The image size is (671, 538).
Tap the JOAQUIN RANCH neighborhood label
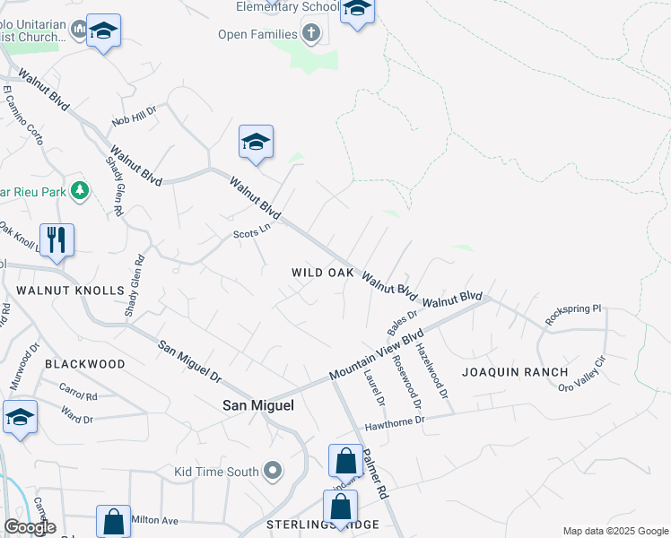pyautogui.click(x=515, y=371)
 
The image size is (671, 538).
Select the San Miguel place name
pyautogui.click(x=258, y=405)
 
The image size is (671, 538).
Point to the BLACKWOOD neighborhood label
pyautogui.click(x=84, y=364)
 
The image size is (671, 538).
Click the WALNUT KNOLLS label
pyautogui.click(x=69, y=291)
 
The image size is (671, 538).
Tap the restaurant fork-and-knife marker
pyautogui.click(x=57, y=240)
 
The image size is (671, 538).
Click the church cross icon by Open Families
pyautogui.click(x=311, y=34)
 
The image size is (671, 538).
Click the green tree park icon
pyautogui.click(x=80, y=190)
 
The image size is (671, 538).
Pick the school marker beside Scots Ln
pyautogui.click(x=256, y=143)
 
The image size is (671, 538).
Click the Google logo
pyautogui.click(x=30, y=527)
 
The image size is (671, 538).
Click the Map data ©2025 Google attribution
pyautogui.click(x=614, y=531)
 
